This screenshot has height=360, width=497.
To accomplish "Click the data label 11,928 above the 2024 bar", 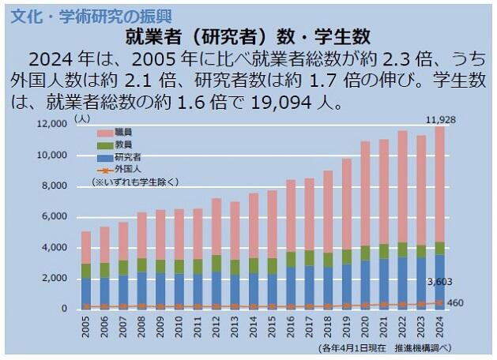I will [439, 119].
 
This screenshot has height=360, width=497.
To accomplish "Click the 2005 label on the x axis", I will [86, 324].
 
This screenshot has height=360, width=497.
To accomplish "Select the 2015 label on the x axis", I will [272, 324].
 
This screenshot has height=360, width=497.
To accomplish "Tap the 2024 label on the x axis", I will [439, 324].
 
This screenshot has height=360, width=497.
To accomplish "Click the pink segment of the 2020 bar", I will [365, 193].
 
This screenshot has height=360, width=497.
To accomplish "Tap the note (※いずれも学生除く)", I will [135, 182].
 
